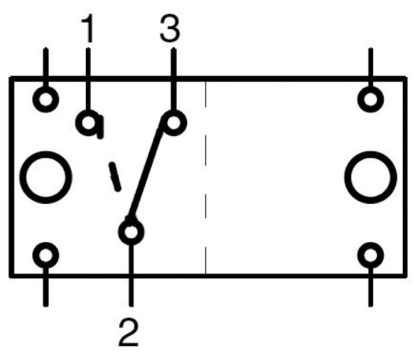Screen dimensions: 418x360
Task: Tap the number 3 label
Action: click(170, 28)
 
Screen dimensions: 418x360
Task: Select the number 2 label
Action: click(129, 332)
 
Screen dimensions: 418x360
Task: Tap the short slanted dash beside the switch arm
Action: click(114, 176)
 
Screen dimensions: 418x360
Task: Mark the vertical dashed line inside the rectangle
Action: click(205, 177)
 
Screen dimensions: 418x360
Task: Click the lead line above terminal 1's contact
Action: click(88, 79)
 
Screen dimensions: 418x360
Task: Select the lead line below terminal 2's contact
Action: click(131, 275)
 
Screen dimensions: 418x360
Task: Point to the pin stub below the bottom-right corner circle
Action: click(370, 287)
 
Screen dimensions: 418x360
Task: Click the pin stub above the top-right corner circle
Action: click(370, 68)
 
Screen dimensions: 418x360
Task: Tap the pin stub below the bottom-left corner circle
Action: click(45, 287)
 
